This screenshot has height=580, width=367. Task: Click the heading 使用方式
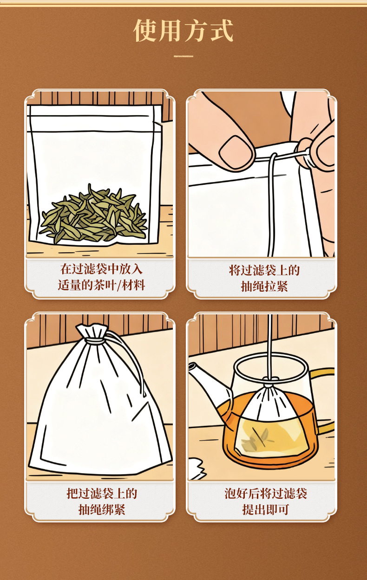[x=183, y=31]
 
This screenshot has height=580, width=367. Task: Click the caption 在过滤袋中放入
[x=101, y=269]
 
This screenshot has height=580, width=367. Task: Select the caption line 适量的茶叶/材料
[x=101, y=285]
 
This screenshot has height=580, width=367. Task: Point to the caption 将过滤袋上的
[x=264, y=270]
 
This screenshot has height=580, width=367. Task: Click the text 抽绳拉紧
[x=264, y=287]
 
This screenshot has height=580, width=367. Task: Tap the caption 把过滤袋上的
[x=102, y=493]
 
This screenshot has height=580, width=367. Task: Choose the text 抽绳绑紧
[x=102, y=509]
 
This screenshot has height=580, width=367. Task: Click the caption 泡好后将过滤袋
[x=266, y=493]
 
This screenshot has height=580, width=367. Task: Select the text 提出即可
[x=266, y=509]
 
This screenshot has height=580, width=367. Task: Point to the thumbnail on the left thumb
[x=236, y=152]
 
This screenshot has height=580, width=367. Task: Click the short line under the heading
[x=183, y=56]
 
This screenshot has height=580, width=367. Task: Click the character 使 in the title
[x=145, y=31]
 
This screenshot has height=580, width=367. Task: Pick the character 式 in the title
[x=222, y=31]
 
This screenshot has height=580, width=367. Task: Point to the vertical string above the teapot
[x=269, y=346]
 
